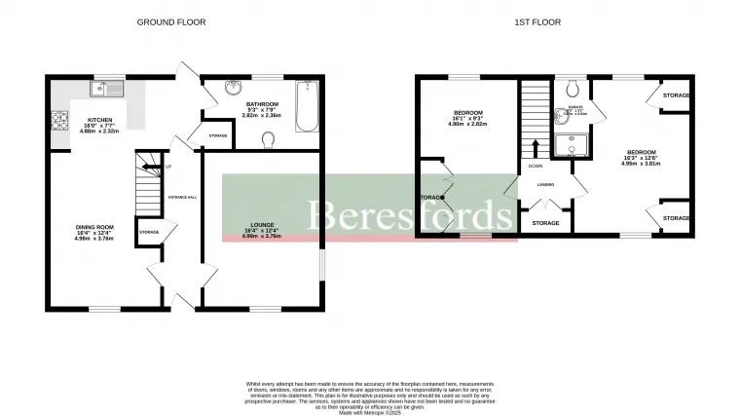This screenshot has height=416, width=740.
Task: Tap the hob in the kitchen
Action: pyautogui.click(x=55, y=123)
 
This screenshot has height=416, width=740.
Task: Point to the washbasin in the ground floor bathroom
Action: pyautogui.click(x=232, y=90)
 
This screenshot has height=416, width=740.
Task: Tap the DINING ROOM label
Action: pyautogui.click(x=95, y=227)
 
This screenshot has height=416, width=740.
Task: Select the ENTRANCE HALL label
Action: pyautogui.click(x=183, y=198)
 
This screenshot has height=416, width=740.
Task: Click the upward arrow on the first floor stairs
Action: pyautogui.click(x=535, y=146)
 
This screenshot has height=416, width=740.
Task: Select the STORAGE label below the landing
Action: pyautogui.click(x=545, y=223)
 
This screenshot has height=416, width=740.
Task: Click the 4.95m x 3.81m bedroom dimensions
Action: pyautogui.click(x=641, y=164)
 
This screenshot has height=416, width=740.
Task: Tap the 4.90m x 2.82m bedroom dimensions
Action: pyautogui.click(x=466, y=124)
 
